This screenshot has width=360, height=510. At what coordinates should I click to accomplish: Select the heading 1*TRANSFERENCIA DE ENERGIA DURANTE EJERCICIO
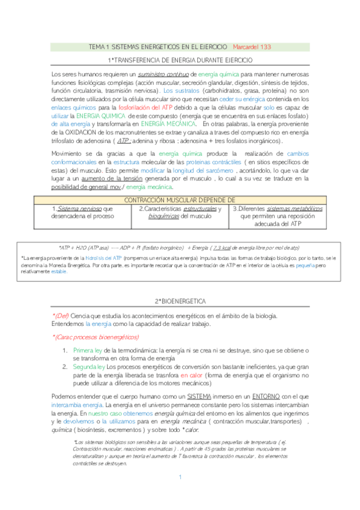[180, 61]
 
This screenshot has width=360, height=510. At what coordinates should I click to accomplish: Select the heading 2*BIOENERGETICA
[180, 300]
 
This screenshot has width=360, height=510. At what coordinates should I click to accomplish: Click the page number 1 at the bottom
[180, 493]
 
